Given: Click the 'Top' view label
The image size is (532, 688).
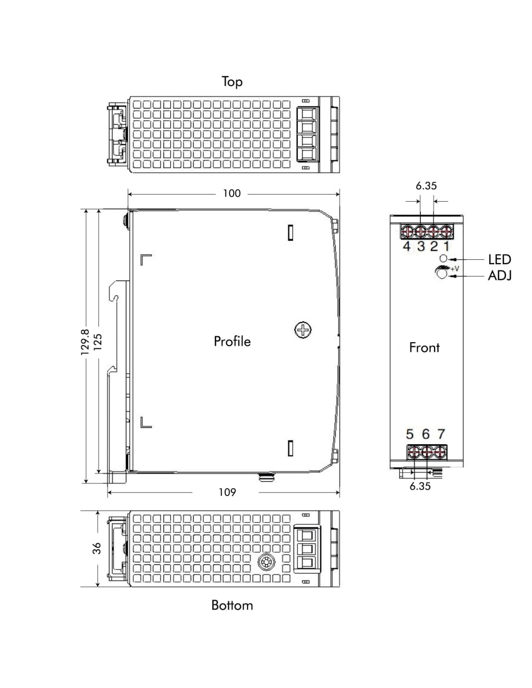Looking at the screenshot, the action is (x=232, y=82).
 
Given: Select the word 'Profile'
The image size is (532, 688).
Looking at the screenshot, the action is (x=232, y=341).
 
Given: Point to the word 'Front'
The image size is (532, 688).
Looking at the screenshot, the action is (x=424, y=348).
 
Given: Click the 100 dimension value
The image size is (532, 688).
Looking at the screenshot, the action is (x=232, y=194).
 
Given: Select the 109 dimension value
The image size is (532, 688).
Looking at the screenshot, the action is (x=227, y=492).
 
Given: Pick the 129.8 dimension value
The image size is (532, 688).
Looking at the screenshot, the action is (x=85, y=342).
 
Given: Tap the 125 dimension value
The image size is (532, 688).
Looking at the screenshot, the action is (x=98, y=342).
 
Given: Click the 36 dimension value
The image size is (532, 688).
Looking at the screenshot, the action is (x=97, y=548).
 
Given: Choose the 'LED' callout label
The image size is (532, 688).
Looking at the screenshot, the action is (x=500, y=260).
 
